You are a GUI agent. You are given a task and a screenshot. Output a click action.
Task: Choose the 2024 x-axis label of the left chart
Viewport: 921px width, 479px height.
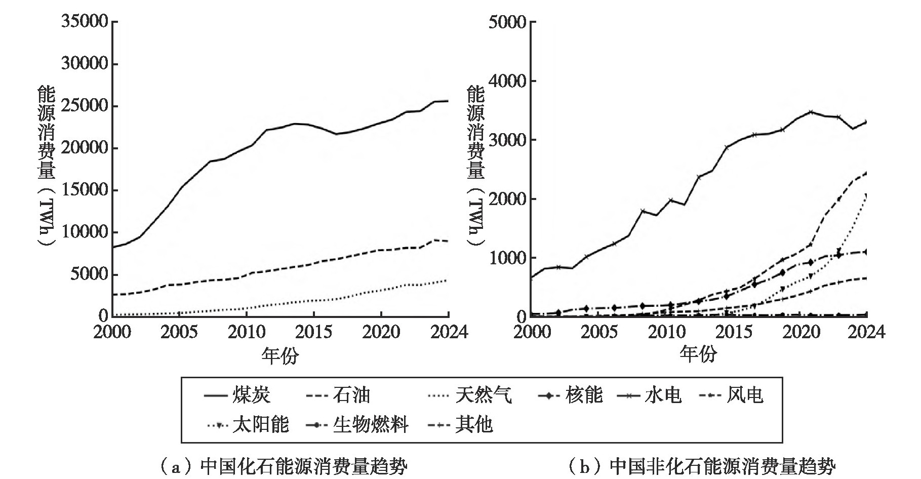[449, 332]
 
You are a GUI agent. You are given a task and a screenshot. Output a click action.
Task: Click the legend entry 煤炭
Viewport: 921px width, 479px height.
[237, 395]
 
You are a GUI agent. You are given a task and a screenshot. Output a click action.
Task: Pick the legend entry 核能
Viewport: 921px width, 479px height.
[570, 395]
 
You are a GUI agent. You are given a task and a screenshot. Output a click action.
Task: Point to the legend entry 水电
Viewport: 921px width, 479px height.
[650, 395]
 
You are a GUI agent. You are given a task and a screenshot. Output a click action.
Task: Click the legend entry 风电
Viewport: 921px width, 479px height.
[731, 395]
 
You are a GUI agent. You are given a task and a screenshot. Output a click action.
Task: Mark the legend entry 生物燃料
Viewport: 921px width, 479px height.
[357, 424]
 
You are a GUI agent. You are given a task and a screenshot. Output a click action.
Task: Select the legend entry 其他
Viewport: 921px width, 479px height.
[460, 424]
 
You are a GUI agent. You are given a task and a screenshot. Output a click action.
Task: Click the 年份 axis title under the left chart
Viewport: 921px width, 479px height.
[280, 355]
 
